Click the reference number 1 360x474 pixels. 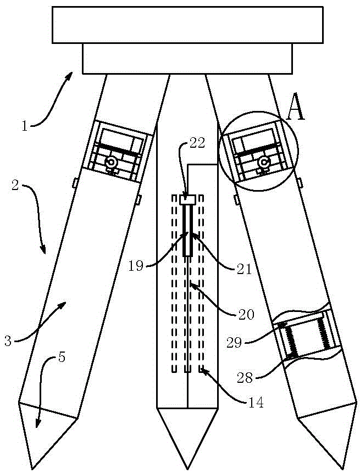(24, 126)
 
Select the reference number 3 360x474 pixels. (8, 341)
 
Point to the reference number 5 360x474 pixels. (62, 358)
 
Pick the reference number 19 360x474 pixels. (135, 266)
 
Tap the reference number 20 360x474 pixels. (245, 315)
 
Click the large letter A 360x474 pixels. (295, 110)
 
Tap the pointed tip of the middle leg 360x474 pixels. (187, 468)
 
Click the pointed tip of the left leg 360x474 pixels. (32, 468)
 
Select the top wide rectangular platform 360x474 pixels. (187, 24)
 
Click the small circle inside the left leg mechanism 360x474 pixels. (112, 163)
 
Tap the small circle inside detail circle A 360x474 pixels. (264, 163)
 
